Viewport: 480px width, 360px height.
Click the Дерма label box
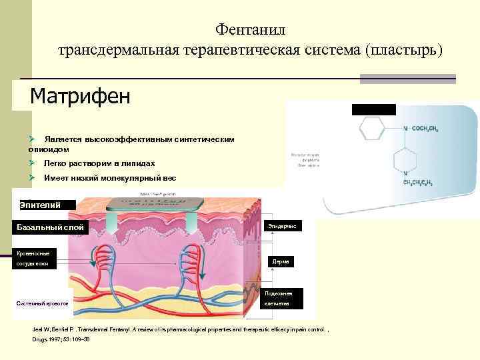pyautogui.click(x=281, y=262)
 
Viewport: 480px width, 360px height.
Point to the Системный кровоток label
pyautogui.click(x=43, y=304)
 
